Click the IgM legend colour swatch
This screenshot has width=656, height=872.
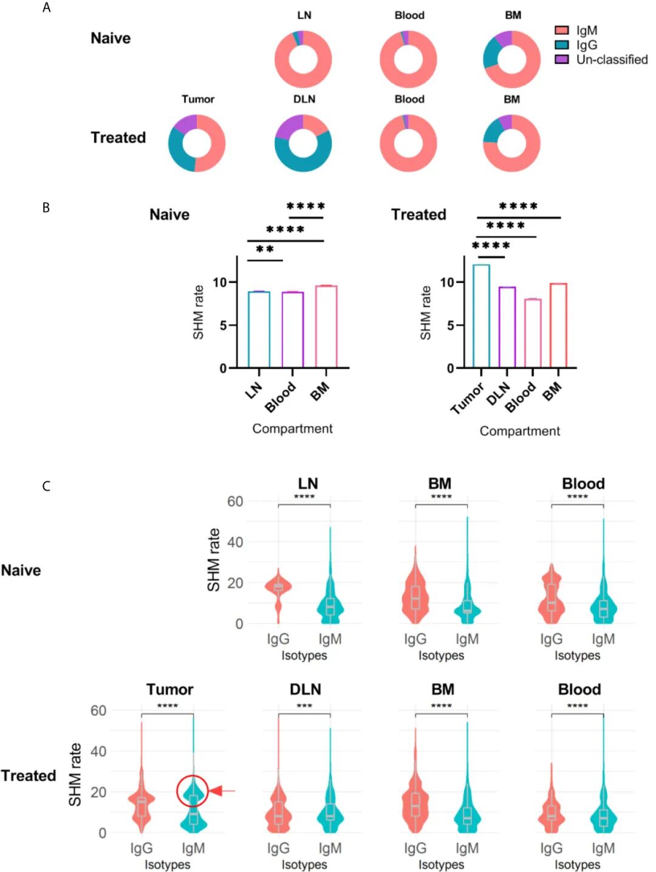pos(561,30)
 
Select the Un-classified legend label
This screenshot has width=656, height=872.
pos(612,60)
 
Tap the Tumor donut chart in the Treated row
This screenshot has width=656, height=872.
pos(197,143)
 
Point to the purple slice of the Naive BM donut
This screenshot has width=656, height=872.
pos(504,39)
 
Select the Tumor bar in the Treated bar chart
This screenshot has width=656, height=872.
pos(481,316)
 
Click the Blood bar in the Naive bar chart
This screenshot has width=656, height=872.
pos(293,330)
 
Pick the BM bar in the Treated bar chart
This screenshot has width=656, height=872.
pos(558,325)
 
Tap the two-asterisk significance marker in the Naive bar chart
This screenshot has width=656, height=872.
pos(265,250)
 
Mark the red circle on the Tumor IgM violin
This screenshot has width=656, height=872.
pos(193,791)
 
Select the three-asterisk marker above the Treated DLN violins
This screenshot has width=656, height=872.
pos(304,706)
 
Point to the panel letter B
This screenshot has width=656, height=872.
pos(46,208)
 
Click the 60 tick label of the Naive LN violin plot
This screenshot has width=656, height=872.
pos(235,502)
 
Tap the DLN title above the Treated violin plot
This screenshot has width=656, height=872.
pos(305,689)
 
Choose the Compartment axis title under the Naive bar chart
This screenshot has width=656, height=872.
pos(292,429)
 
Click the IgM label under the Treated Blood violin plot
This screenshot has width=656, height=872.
pos(603,848)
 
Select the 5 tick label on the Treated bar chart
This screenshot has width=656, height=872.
pos(449,325)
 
